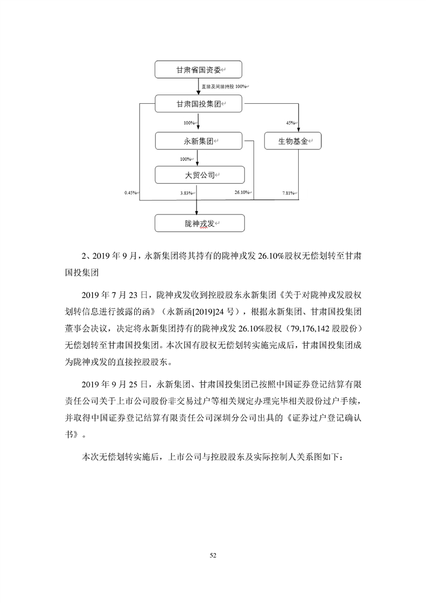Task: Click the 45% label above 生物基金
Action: tap(291, 123)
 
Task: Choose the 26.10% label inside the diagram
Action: tap(242, 193)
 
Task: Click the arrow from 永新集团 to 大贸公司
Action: tap(198, 158)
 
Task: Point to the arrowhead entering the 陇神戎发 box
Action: tap(198, 212)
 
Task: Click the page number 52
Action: tap(213, 555)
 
